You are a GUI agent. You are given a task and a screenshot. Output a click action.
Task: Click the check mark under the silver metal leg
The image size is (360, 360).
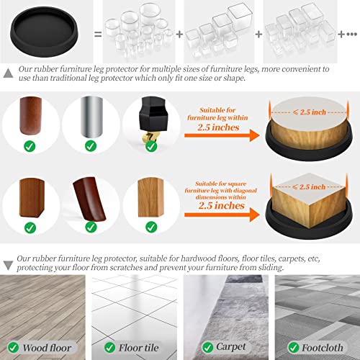[91, 146]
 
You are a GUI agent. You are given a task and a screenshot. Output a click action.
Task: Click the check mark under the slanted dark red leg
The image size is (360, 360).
[91, 228]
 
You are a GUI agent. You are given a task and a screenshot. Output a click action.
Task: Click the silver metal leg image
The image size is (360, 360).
[91, 115]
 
